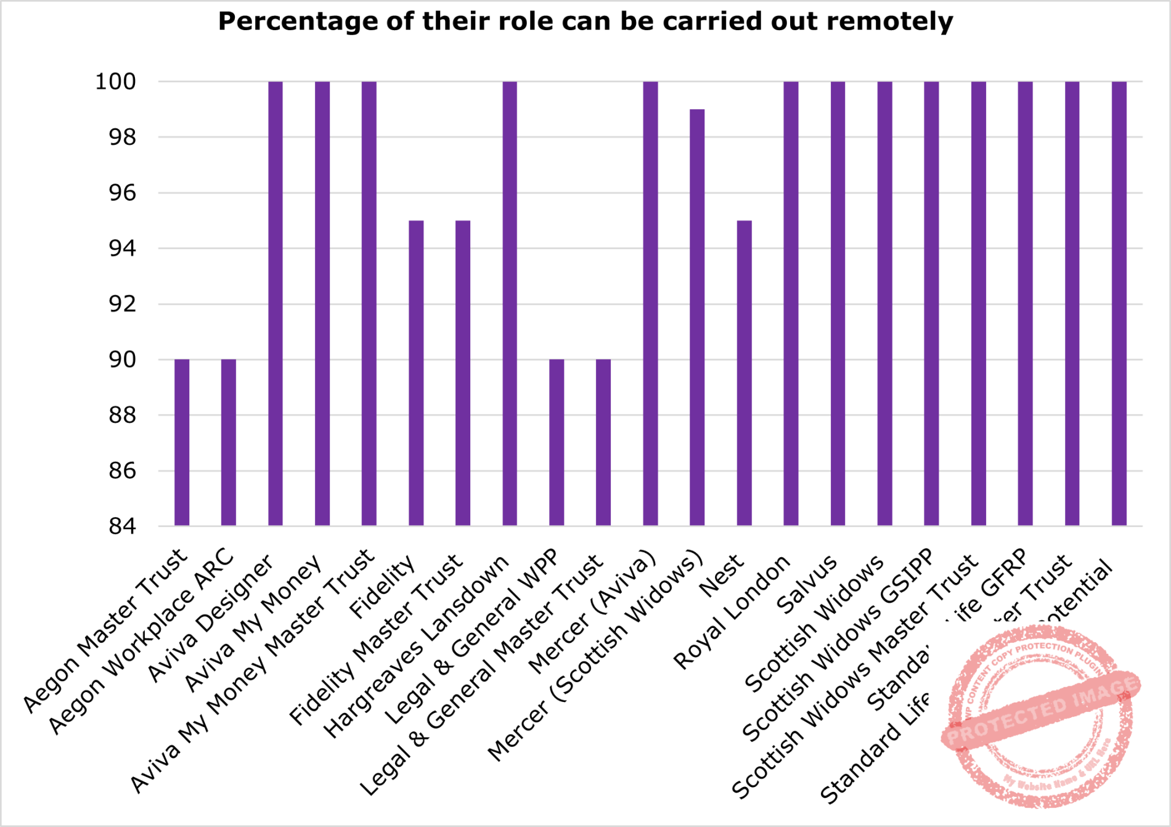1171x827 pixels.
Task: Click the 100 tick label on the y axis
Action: click(x=115, y=81)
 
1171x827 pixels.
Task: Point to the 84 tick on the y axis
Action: click(x=122, y=526)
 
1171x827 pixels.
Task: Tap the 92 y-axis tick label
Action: click(x=122, y=304)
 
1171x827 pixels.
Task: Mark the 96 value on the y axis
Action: click(x=122, y=193)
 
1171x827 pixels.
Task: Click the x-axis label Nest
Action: click(x=722, y=576)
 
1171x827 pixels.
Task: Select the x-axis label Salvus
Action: click(x=807, y=584)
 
